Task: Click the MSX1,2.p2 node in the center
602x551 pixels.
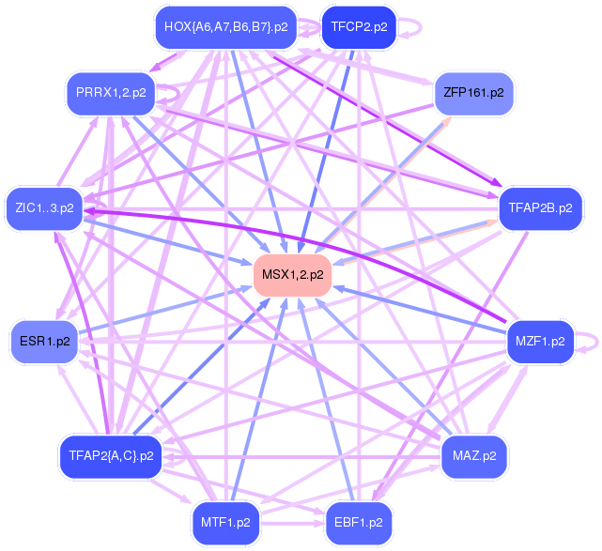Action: tap(292, 275)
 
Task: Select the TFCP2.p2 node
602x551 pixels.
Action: tap(358, 27)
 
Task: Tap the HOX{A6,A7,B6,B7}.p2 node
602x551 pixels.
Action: tap(225, 27)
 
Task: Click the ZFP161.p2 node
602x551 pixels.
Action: tap(473, 94)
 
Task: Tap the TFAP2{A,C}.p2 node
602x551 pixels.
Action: tap(110, 456)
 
